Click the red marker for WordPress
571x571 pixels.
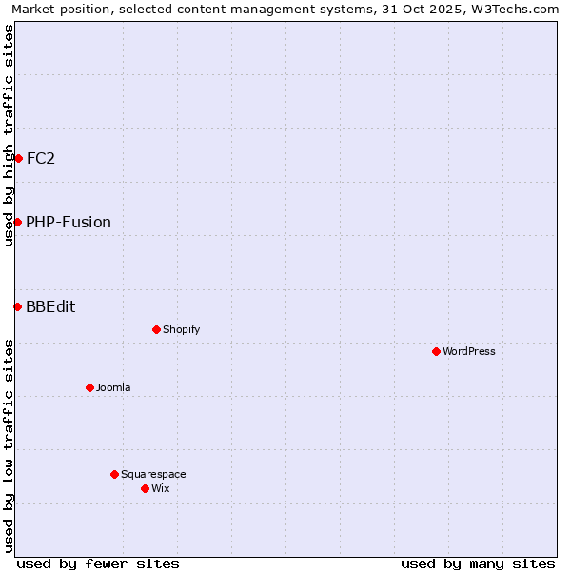[437, 351]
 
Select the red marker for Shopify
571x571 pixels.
[157, 329]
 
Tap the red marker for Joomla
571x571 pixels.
[90, 387]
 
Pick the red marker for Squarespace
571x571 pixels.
[115, 474]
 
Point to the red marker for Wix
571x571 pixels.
[146, 488]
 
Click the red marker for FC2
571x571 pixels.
[18, 158]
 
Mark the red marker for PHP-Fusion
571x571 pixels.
[18, 222]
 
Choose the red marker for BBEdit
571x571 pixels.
[18, 306]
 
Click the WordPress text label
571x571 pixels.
[469, 351]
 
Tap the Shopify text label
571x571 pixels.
[182, 329]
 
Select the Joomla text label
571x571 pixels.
[113, 387]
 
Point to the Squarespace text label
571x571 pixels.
[153, 474]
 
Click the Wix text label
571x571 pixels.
[161, 488]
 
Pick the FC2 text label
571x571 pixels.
[41, 158]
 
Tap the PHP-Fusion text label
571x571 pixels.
[69, 222]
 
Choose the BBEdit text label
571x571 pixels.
[50, 306]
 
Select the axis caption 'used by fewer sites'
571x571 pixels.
[98, 563]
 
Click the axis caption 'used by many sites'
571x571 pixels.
[478, 563]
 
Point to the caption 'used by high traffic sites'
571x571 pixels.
[9, 135]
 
